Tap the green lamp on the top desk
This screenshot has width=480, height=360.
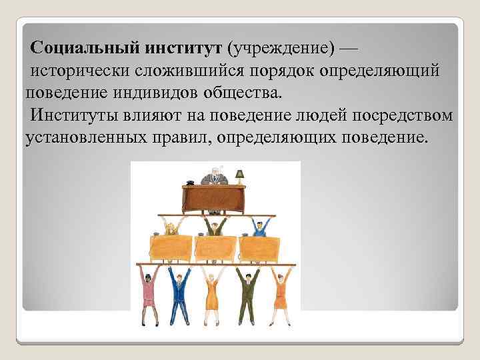[239, 175]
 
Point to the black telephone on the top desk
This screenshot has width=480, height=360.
[191, 181]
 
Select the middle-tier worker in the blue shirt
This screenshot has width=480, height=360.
[259, 229]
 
